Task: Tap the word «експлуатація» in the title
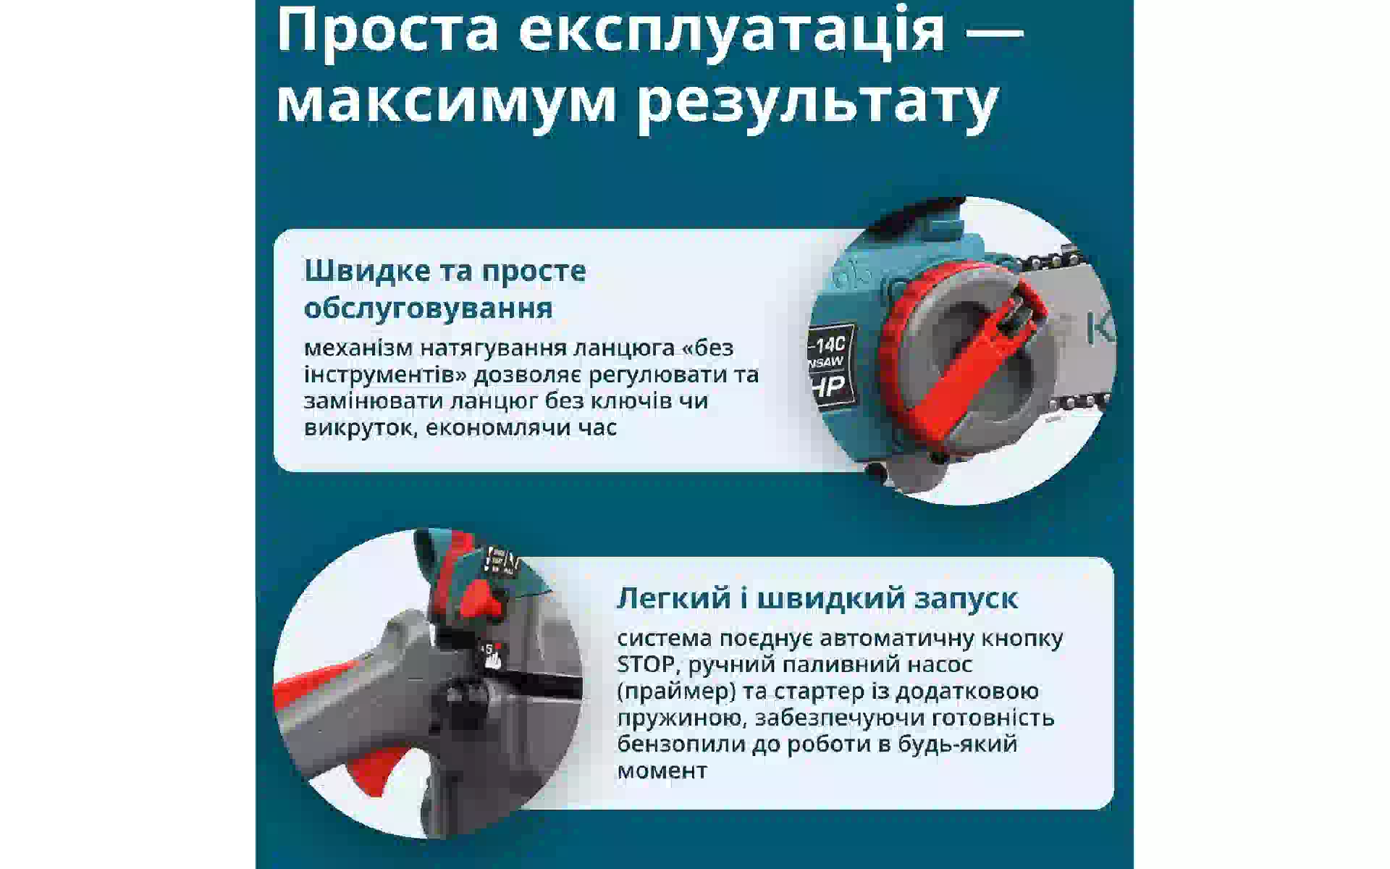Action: click(732, 34)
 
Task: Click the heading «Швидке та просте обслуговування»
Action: click(445, 289)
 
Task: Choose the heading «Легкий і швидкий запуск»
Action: click(817, 598)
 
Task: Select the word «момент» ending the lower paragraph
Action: click(662, 771)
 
